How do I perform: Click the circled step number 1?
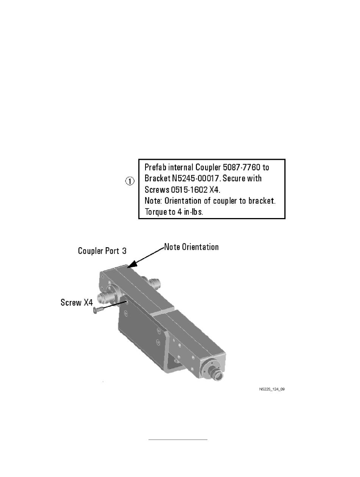[x=130, y=181]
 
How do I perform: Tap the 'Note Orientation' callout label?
[x=191, y=247]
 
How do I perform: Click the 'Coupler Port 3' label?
[x=102, y=251]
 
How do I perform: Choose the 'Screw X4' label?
[x=76, y=302]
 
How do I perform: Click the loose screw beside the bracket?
[x=97, y=310]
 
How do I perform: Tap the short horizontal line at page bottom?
[x=178, y=440]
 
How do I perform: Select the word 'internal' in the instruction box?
[x=180, y=167]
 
